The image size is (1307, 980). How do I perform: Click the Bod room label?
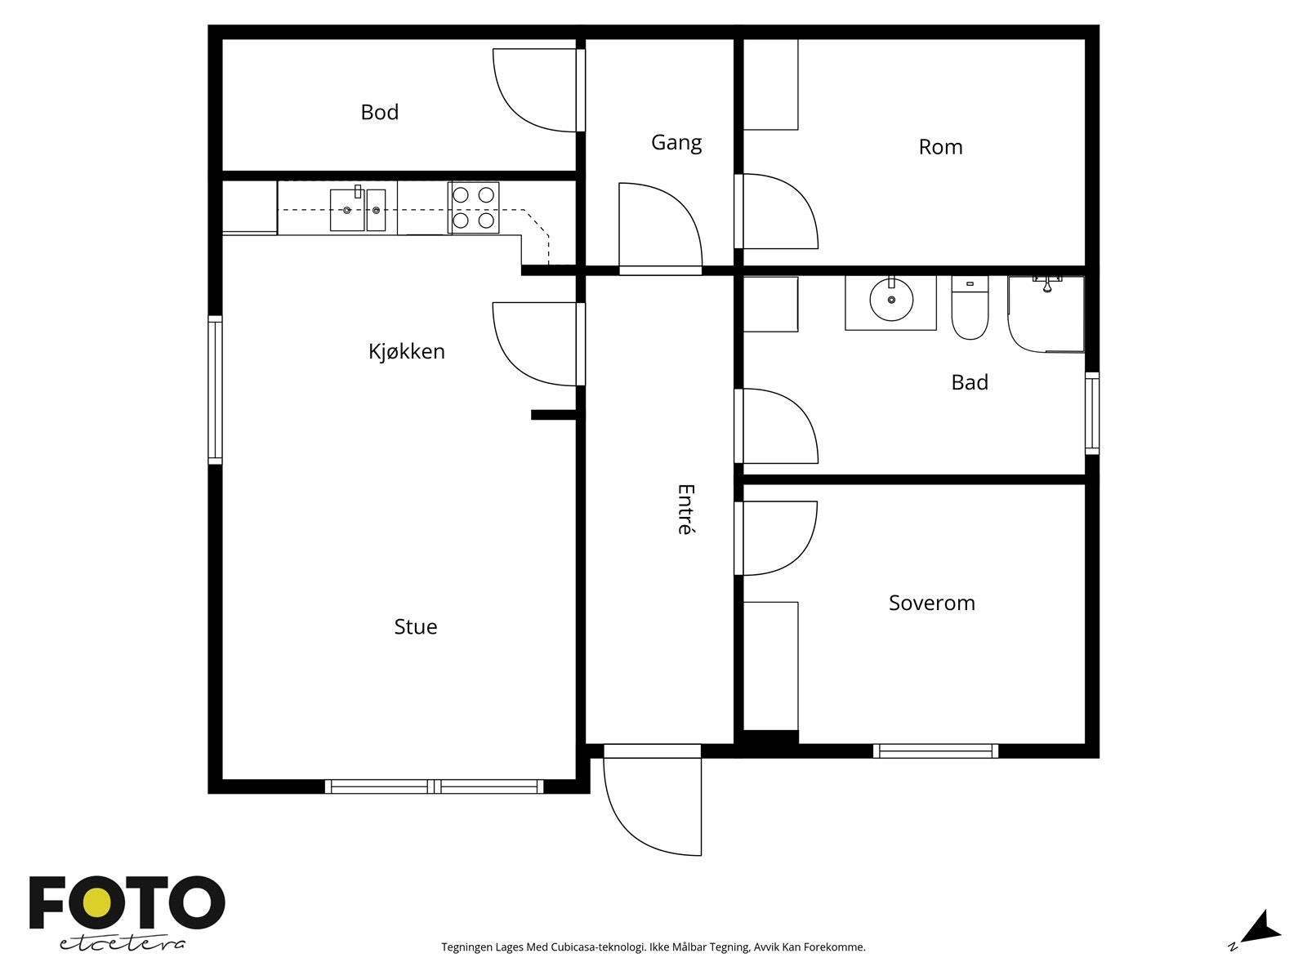click(379, 112)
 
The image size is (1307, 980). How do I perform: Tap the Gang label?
click(676, 143)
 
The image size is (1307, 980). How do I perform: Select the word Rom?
click(940, 147)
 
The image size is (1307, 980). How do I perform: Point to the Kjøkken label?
click(407, 351)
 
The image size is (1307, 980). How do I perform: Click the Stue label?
click(416, 626)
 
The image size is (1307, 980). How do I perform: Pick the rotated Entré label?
click(686, 510)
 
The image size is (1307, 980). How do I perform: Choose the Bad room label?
click(970, 382)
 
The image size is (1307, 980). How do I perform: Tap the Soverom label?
click(932, 603)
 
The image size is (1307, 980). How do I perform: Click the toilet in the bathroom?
click(970, 307)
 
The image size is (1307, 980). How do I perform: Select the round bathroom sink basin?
click(891, 299)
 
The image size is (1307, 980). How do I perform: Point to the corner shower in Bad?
click(1046, 314)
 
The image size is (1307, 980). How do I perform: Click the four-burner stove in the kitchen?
click(473, 207)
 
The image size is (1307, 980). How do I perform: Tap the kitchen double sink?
click(358, 209)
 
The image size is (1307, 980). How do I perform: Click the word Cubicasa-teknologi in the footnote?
click(599, 947)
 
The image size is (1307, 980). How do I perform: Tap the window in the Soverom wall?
click(935, 751)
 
